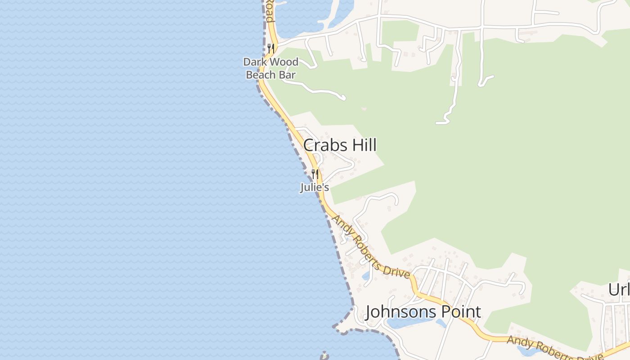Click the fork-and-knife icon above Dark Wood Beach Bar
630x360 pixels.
270,48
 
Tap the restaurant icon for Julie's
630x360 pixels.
315,174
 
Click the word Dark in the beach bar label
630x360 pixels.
254,62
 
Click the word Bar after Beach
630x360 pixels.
287,75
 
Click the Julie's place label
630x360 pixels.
315,187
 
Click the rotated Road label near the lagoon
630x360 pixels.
269,11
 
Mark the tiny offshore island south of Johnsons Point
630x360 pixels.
324,355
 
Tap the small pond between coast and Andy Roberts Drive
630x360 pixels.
366,275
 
